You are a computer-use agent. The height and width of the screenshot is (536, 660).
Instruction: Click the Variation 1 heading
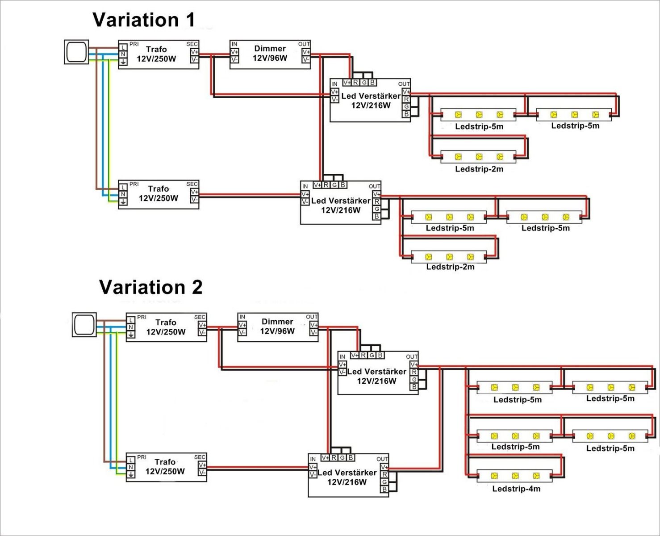click(144, 20)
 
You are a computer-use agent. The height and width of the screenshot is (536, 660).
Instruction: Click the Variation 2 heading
click(151, 287)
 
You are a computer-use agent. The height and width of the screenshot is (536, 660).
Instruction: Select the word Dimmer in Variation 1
click(270, 49)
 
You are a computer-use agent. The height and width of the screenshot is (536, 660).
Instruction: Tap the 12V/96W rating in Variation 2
click(277, 331)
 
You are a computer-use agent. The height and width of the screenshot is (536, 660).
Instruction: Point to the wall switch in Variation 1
click(77, 52)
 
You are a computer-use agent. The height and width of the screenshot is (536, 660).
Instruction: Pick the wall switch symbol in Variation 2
click(84, 325)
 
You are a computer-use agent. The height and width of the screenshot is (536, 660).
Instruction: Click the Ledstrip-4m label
click(516, 489)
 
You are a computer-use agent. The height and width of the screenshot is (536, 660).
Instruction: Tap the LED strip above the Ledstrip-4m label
click(515, 476)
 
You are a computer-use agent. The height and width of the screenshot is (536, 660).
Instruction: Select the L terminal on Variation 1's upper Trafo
click(123, 47)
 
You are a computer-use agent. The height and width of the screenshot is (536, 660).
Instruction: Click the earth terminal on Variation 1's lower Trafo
click(123, 202)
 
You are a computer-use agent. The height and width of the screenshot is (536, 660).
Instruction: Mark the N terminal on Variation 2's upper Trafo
click(131, 327)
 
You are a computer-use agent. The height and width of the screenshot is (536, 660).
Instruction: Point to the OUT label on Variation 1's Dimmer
click(304, 44)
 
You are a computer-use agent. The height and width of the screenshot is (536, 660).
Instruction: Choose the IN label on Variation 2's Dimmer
click(242, 317)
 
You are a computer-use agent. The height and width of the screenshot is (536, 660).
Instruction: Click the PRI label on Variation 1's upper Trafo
click(134, 44)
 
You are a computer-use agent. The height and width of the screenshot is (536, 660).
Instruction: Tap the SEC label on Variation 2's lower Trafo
click(200, 457)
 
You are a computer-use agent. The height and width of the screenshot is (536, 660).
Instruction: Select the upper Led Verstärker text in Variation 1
click(371, 96)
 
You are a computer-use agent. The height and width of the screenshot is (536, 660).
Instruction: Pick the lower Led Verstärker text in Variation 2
click(347, 473)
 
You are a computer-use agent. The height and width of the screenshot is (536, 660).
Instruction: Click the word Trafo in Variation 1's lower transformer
click(159, 189)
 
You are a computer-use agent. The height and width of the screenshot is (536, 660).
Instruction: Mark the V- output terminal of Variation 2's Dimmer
click(314, 333)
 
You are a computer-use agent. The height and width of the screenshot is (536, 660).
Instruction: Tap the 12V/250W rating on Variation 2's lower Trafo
click(165, 471)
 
